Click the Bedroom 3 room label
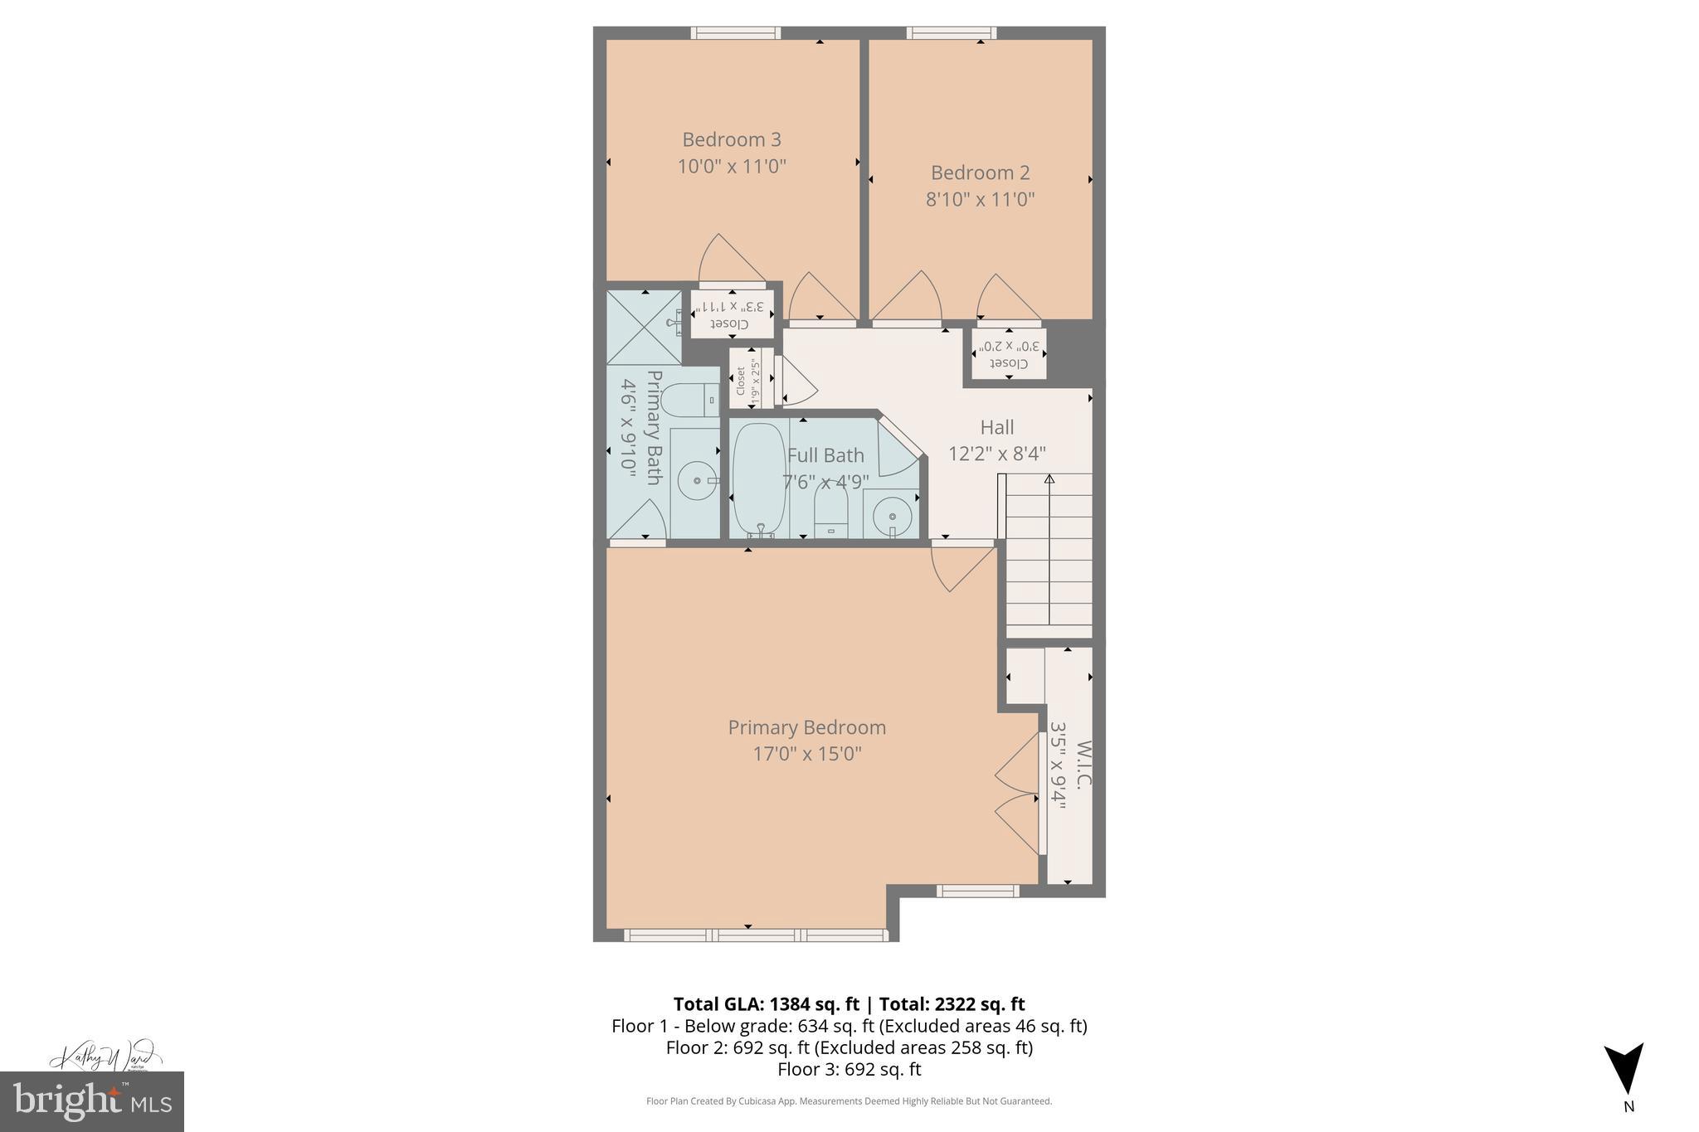pos(731,139)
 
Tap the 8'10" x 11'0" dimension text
pos(980,200)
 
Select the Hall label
pos(996,427)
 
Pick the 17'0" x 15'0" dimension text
pos(806,754)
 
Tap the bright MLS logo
pos(91,1101)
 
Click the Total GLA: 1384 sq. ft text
pos(766,1004)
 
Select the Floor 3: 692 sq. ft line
pos(849,1069)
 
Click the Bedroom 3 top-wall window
pos(736,33)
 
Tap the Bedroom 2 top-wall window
pos(952,33)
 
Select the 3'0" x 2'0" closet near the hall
pos(1009,354)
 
